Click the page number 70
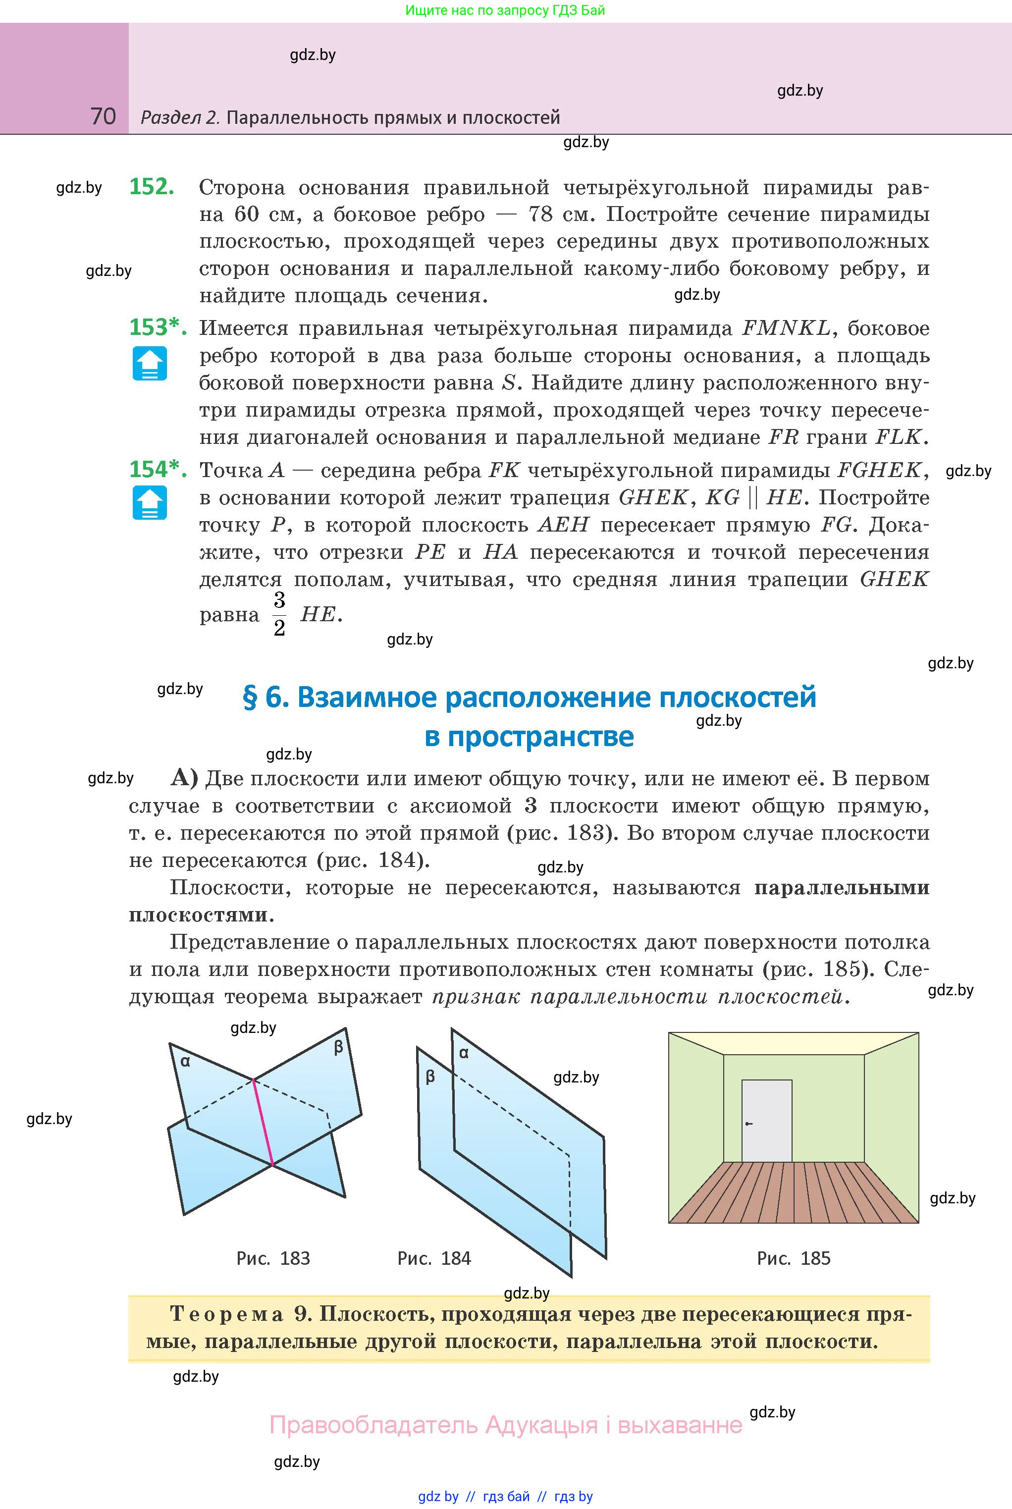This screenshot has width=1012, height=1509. [x=103, y=116]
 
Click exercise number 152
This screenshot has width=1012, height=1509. [x=152, y=187]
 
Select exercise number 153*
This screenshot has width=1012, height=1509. [x=158, y=328]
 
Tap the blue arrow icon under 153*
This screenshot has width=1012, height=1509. [x=150, y=363]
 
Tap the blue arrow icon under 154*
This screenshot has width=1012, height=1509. [x=150, y=503]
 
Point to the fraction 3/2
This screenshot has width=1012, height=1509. [x=279, y=614]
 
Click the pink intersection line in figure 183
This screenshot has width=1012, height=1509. [x=263, y=1123]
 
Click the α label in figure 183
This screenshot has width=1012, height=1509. [x=185, y=1061]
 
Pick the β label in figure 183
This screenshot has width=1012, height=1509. [x=338, y=1047]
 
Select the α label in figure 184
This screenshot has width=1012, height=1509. [x=464, y=1053]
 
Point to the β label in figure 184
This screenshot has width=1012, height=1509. [x=430, y=1077]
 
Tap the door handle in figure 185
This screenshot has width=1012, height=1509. [x=748, y=1124]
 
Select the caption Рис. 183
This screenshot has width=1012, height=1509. [x=273, y=1258]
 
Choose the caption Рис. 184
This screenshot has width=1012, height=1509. [x=434, y=1258]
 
